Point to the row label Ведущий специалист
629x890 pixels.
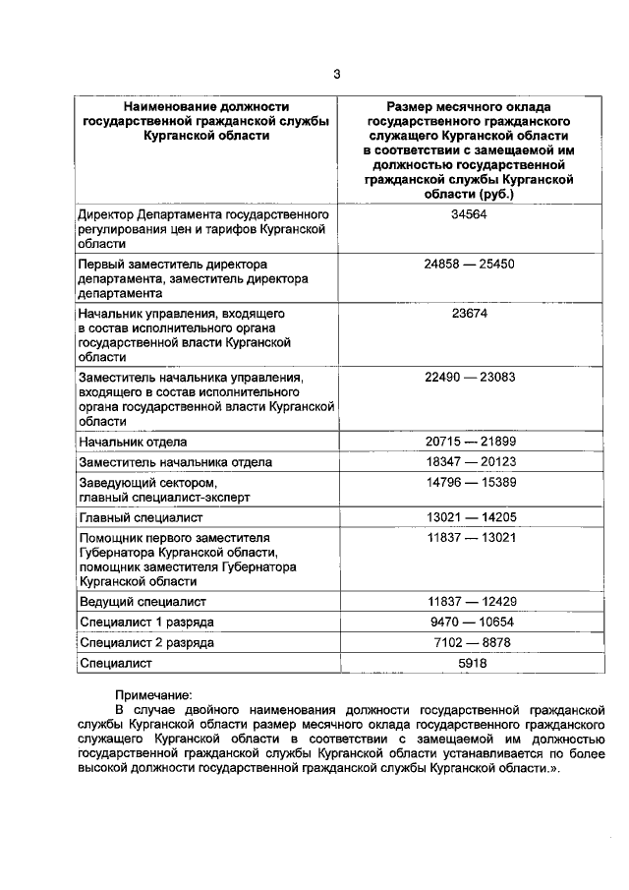[143, 601]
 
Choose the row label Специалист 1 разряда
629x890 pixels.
[146, 623]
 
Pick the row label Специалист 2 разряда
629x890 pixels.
[146, 643]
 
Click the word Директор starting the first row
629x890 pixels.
[109, 214]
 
